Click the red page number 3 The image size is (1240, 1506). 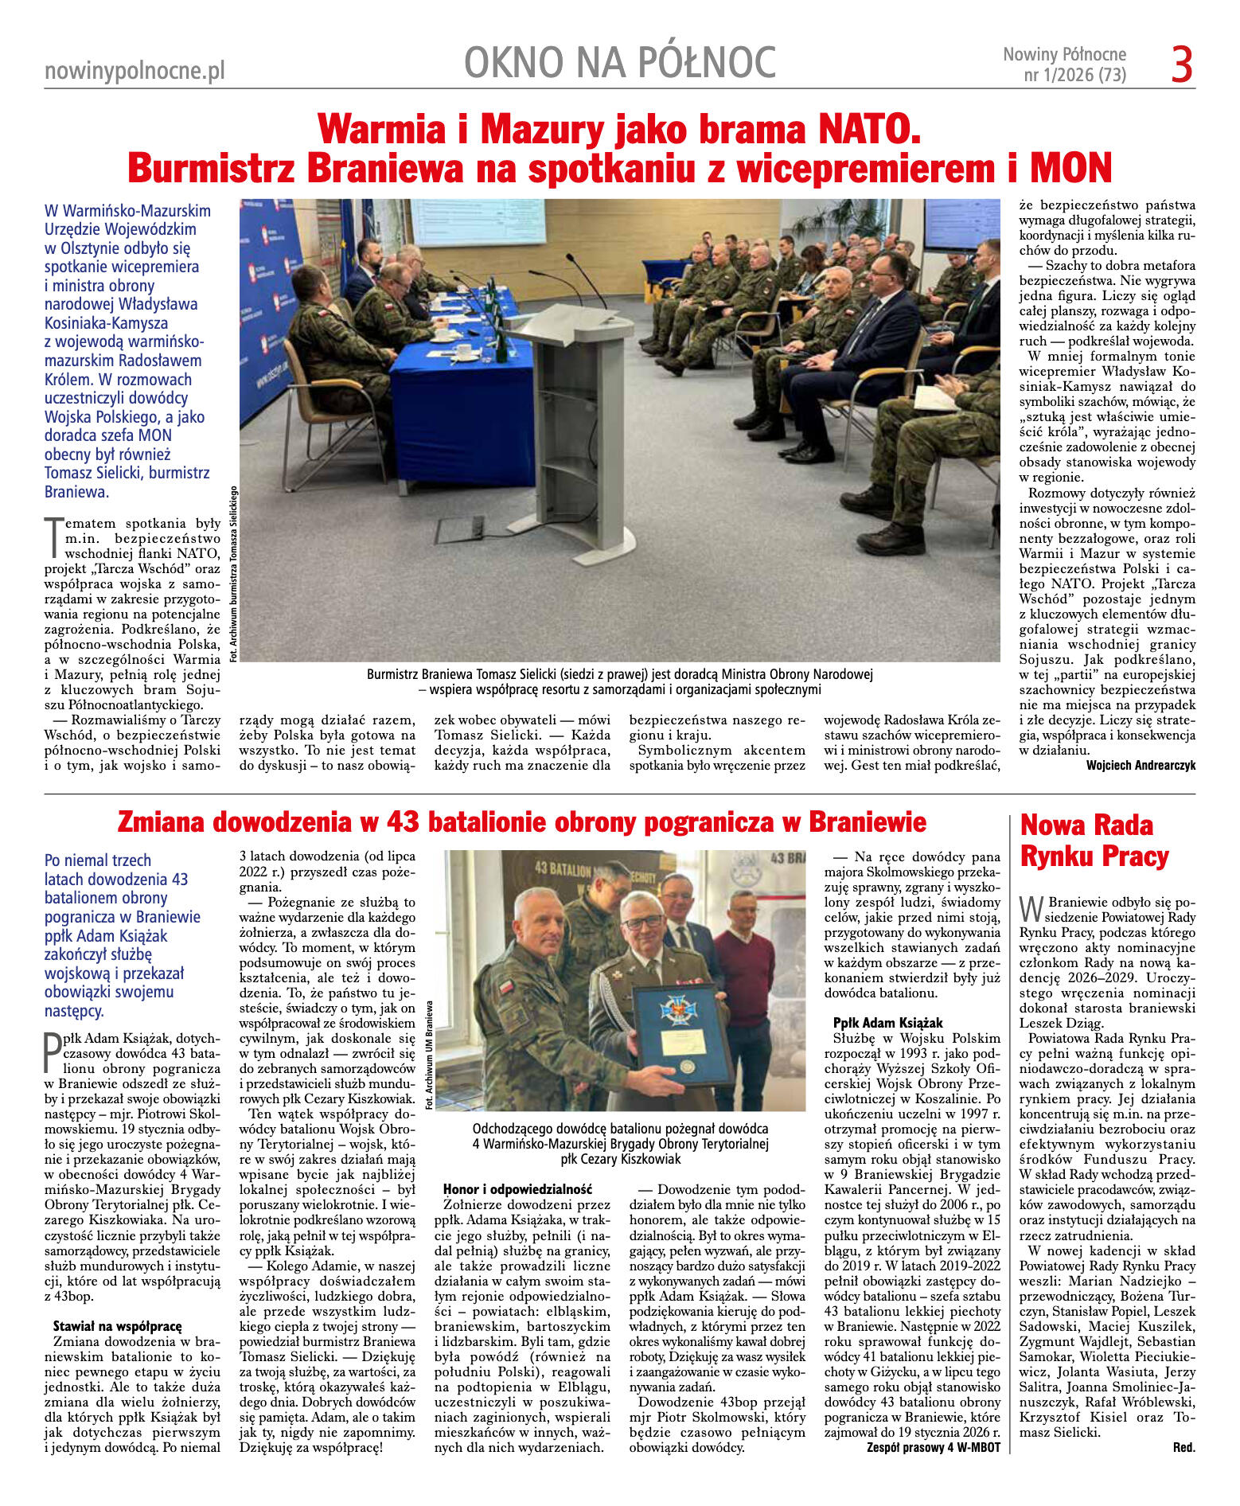point(1181,65)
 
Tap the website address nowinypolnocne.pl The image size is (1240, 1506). point(135,71)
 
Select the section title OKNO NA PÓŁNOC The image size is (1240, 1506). point(619,63)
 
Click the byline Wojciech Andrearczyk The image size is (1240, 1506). point(1140,765)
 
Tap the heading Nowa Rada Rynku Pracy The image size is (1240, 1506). point(1094,841)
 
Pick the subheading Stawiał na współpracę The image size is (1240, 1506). point(117,1326)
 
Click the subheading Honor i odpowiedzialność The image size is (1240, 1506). point(517,1189)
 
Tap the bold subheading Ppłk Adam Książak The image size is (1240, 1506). point(887,1023)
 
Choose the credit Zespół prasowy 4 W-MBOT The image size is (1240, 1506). point(933,1447)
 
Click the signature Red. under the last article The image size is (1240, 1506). point(1183,1447)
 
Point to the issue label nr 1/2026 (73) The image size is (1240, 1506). point(1074,76)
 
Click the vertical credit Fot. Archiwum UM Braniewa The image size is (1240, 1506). point(430,1054)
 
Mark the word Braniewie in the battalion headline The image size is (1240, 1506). point(868,821)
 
